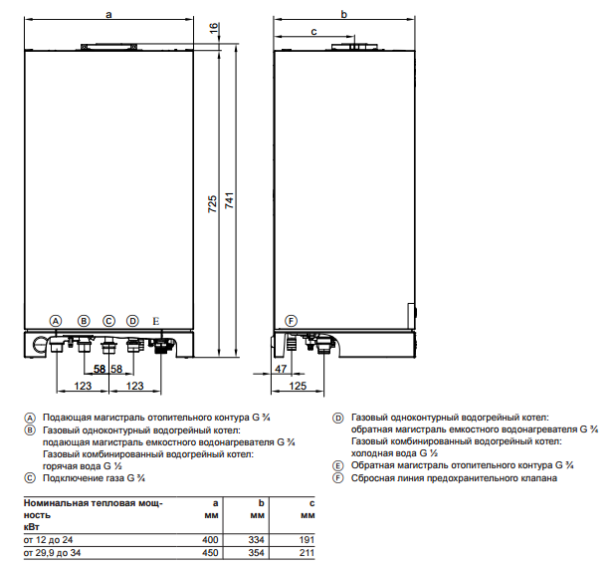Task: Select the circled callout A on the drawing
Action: pos(57,321)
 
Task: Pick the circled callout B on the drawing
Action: pos(84,321)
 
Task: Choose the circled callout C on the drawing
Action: pos(108,321)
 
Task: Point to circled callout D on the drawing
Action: pos(132,321)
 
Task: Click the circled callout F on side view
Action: pos(291,321)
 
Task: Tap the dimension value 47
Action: pos(282,370)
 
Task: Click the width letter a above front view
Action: pos(107,14)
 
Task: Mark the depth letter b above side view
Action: pos(343,14)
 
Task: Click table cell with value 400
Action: pos(208,539)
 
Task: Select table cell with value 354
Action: pos(255,552)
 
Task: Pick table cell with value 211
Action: pos(307,552)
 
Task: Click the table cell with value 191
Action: pos(307,539)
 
